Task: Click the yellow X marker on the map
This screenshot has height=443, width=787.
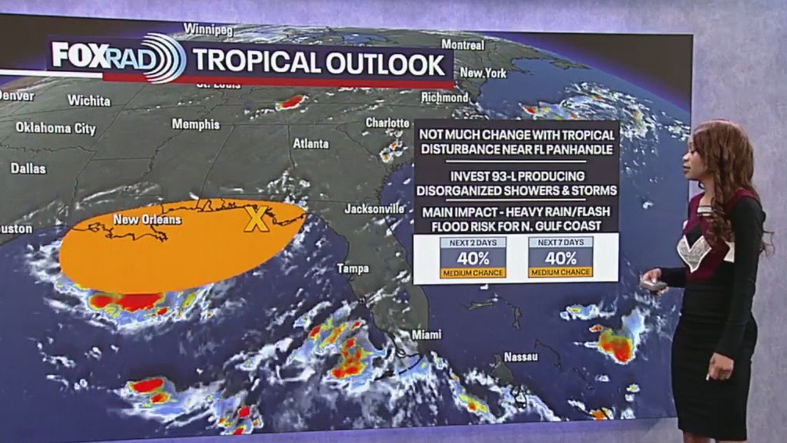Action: pos(256,219)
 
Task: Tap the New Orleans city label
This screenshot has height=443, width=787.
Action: pos(147,220)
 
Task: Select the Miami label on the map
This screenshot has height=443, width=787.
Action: pos(426,334)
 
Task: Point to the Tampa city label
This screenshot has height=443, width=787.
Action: pos(352,268)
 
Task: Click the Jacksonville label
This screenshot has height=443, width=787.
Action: pos(375,209)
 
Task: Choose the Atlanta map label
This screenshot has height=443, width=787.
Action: pos(311,144)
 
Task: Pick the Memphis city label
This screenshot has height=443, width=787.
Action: pos(196,124)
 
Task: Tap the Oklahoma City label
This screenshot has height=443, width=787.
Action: pos(56,128)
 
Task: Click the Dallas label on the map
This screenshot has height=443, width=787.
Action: pos(28,168)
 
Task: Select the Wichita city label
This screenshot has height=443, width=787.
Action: pos(88,100)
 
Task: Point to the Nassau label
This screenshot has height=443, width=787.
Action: pos(520,357)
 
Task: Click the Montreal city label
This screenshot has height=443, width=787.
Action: pos(462,45)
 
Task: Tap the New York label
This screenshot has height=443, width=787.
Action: pos(483,73)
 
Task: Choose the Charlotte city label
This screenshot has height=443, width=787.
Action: pos(387,123)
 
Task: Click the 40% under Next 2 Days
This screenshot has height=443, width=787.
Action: pos(473,258)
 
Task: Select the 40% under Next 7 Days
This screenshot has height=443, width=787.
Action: pos(560,258)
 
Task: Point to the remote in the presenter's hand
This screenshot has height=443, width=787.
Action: pos(650,284)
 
